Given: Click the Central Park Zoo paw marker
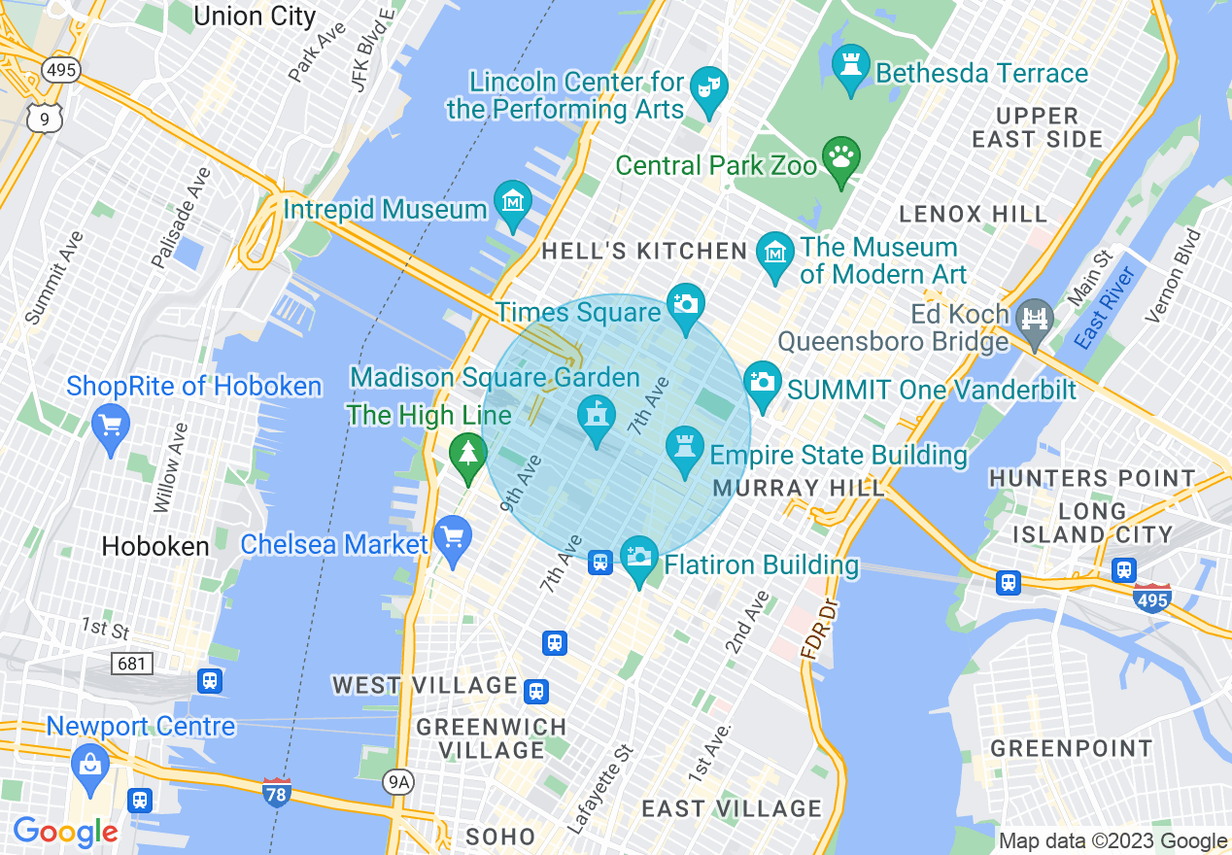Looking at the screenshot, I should click(841, 154).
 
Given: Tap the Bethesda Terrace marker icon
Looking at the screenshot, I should click(851, 64).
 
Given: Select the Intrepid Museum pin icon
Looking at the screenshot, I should click(512, 201).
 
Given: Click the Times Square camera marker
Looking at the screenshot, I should click(686, 303).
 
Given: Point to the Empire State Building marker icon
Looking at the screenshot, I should click(685, 447).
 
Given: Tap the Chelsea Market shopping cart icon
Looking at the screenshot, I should click(452, 536).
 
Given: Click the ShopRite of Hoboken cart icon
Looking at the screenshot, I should click(110, 425).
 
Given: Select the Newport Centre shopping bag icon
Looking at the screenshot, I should click(89, 765).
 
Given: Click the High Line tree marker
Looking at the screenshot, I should click(468, 453).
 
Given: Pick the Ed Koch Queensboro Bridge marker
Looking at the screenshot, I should click(1035, 318).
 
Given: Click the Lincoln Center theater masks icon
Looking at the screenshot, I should click(708, 86).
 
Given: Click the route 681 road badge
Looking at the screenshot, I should click(131, 664).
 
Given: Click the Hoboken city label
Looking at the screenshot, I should click(155, 546).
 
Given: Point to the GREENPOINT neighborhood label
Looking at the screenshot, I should click(1071, 748).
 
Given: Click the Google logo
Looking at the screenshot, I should click(65, 832).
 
